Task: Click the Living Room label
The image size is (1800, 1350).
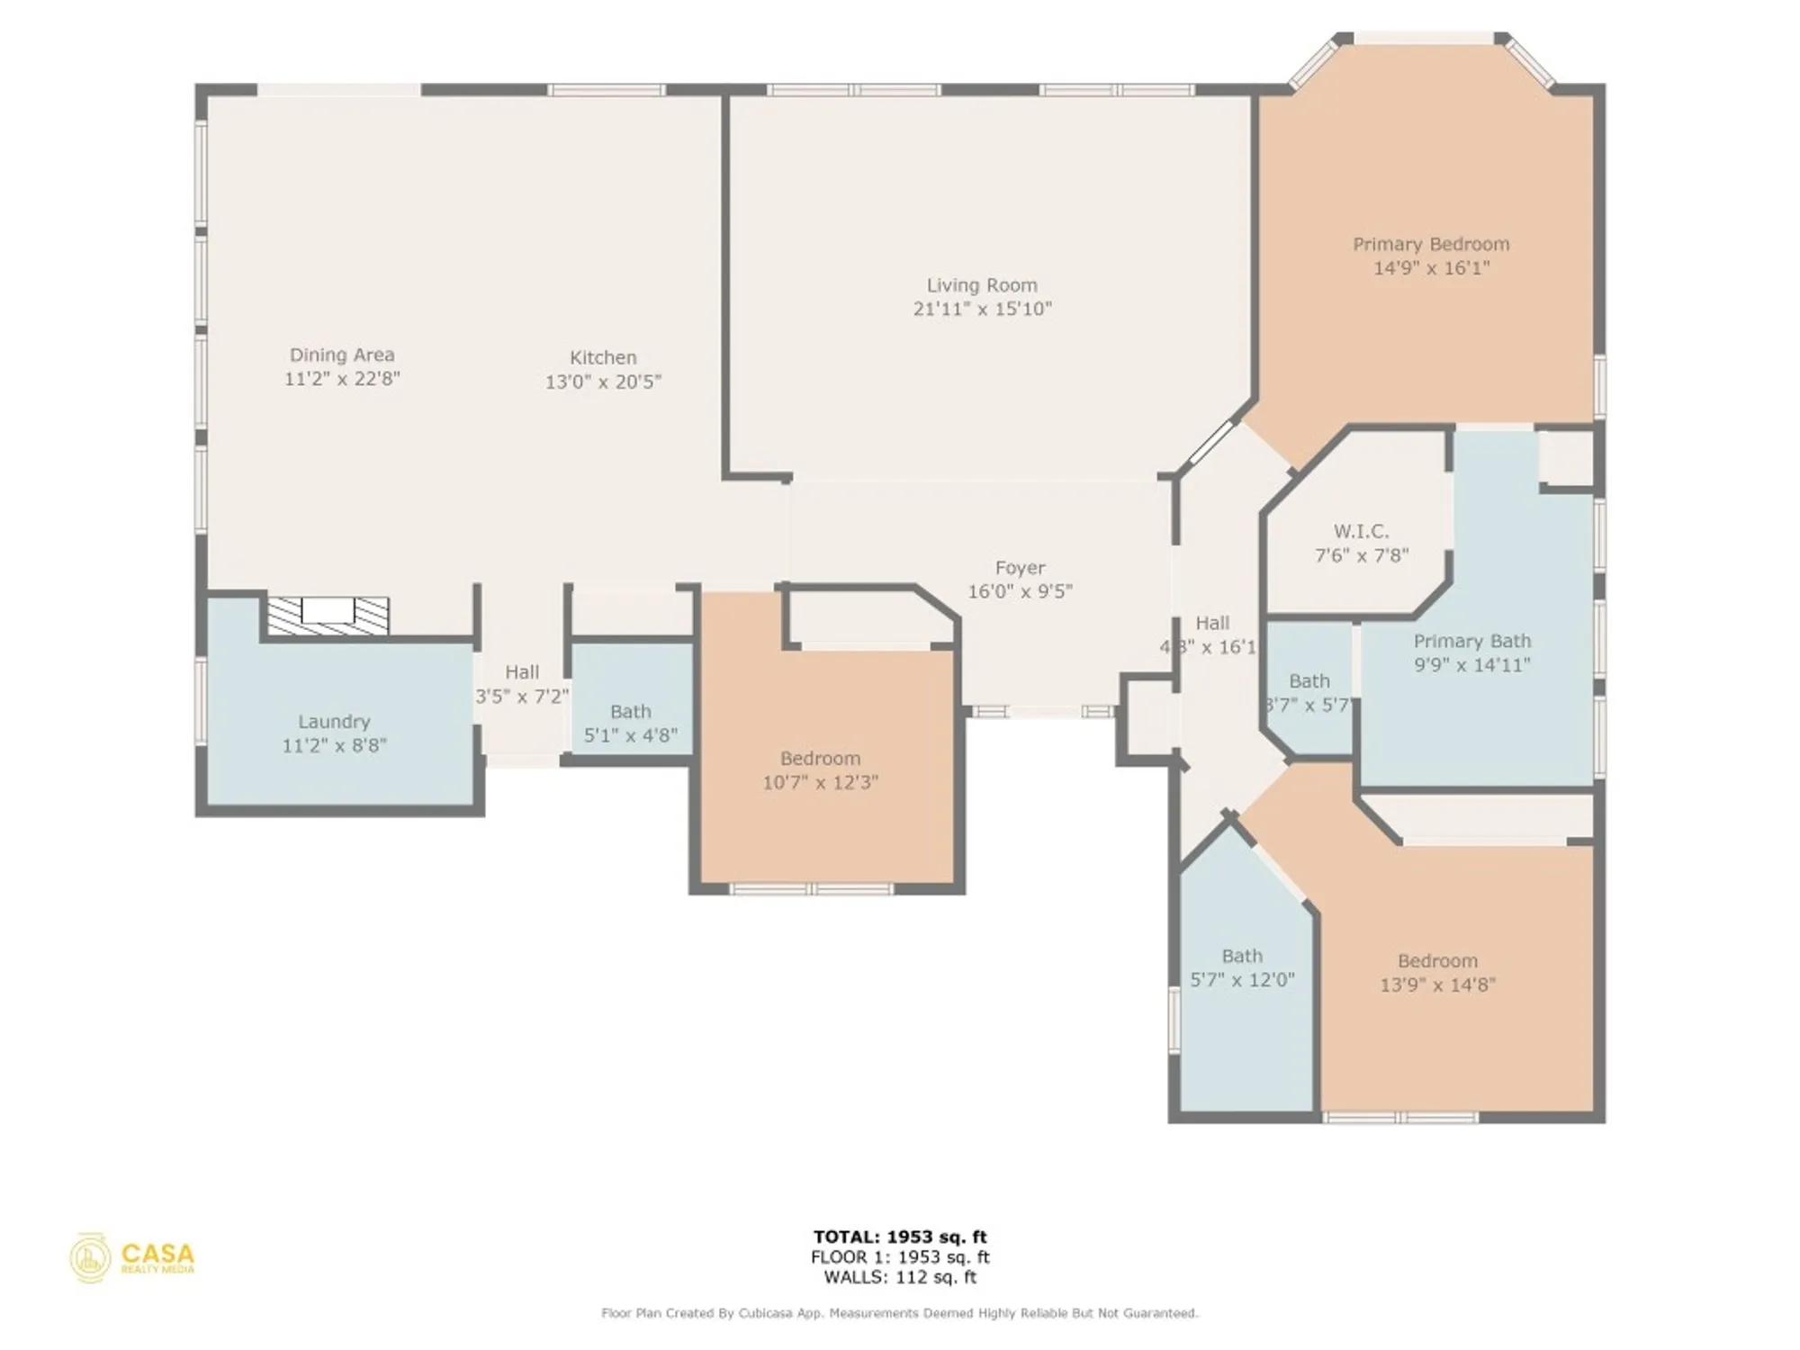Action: pos(982,285)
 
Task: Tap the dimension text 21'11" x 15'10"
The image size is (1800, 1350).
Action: pos(982,309)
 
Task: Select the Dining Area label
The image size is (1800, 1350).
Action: pos(342,355)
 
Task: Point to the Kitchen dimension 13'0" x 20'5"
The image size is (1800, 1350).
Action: pos(603,382)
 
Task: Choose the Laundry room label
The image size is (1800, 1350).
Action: pos(334,722)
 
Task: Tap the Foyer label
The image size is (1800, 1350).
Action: pos(1020,568)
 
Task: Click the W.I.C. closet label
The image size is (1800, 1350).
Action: pos(1361,531)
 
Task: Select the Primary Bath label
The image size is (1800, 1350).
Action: pos(1471,641)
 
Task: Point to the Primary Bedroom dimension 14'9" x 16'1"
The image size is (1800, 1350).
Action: pos(1431,268)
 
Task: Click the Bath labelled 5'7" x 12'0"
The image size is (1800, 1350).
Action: pos(1242,956)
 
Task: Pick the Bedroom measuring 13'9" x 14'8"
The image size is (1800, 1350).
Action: pos(1437,961)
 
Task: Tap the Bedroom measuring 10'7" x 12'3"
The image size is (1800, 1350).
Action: pos(820,759)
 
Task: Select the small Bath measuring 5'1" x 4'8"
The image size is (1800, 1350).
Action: pos(630,712)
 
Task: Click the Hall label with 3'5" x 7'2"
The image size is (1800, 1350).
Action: pos(522,672)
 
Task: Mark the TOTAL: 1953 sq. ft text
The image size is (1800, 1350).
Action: pos(900,1237)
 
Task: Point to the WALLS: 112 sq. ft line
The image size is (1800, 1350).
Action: pos(900,1277)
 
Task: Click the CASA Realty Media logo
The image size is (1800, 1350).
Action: pos(132,1257)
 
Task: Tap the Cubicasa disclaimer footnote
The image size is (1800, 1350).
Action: pos(900,1314)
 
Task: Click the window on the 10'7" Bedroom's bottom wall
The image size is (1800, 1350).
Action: pos(812,889)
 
